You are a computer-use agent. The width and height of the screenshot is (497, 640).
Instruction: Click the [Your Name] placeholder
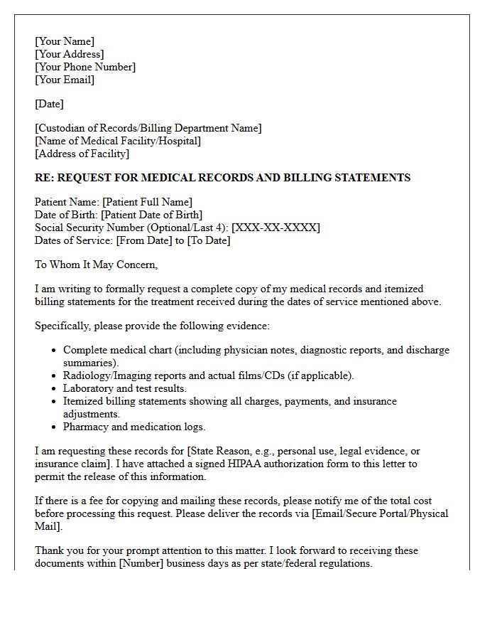[65, 41]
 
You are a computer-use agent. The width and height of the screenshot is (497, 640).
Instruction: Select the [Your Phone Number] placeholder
[85, 67]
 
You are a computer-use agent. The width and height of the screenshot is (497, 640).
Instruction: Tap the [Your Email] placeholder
[65, 80]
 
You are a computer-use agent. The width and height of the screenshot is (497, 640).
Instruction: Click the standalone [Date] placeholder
[49, 104]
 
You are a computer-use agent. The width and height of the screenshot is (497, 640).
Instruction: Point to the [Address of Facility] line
[82, 154]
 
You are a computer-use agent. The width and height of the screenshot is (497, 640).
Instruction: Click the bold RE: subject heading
[222, 177]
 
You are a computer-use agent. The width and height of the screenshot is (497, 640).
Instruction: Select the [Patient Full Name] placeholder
[147, 202]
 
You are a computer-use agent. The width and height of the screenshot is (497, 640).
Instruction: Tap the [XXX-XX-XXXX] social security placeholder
[275, 228]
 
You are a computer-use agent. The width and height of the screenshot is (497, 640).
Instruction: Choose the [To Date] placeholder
[208, 240]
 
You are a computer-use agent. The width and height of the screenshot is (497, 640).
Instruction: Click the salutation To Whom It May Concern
[96, 265]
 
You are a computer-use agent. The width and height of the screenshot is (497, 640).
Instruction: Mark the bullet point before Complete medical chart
[55, 351]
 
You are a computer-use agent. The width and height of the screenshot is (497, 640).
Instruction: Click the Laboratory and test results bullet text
[125, 388]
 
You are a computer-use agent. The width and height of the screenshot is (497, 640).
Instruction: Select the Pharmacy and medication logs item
[134, 427]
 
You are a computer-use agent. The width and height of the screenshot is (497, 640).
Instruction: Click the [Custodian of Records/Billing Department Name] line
[148, 128]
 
